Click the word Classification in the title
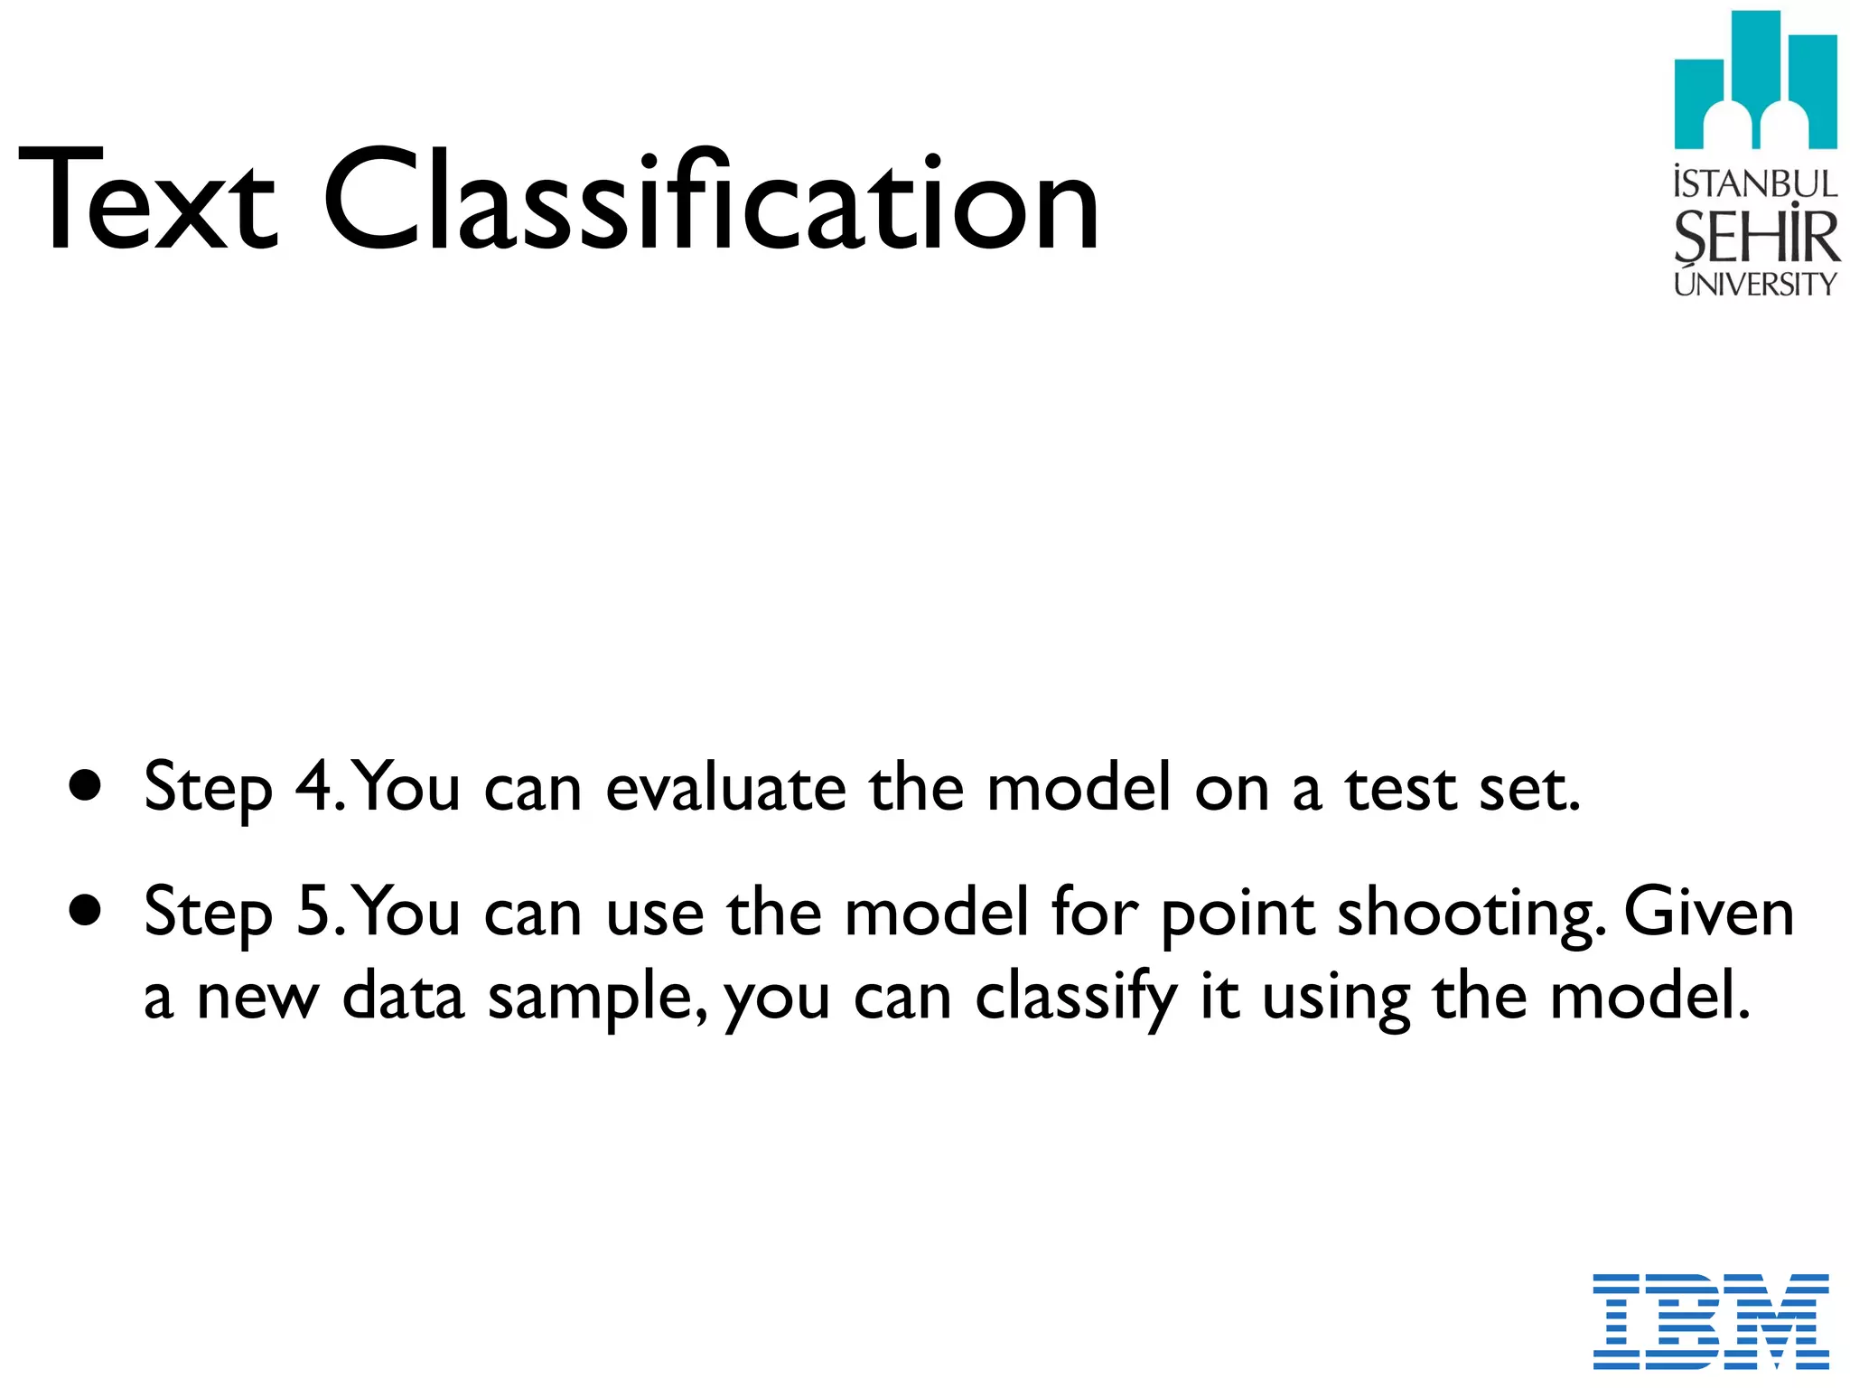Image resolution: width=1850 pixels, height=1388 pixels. [x=711, y=201]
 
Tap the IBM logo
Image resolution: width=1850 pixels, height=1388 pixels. [x=1710, y=1320]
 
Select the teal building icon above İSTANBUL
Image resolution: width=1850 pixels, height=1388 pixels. [x=1755, y=81]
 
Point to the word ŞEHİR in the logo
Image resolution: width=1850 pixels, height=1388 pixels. [x=1755, y=237]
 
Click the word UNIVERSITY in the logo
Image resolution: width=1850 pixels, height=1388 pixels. [x=1755, y=284]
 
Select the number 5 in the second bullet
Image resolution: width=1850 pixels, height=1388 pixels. [x=314, y=911]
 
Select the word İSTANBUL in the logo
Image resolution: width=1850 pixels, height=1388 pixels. [x=1755, y=183]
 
